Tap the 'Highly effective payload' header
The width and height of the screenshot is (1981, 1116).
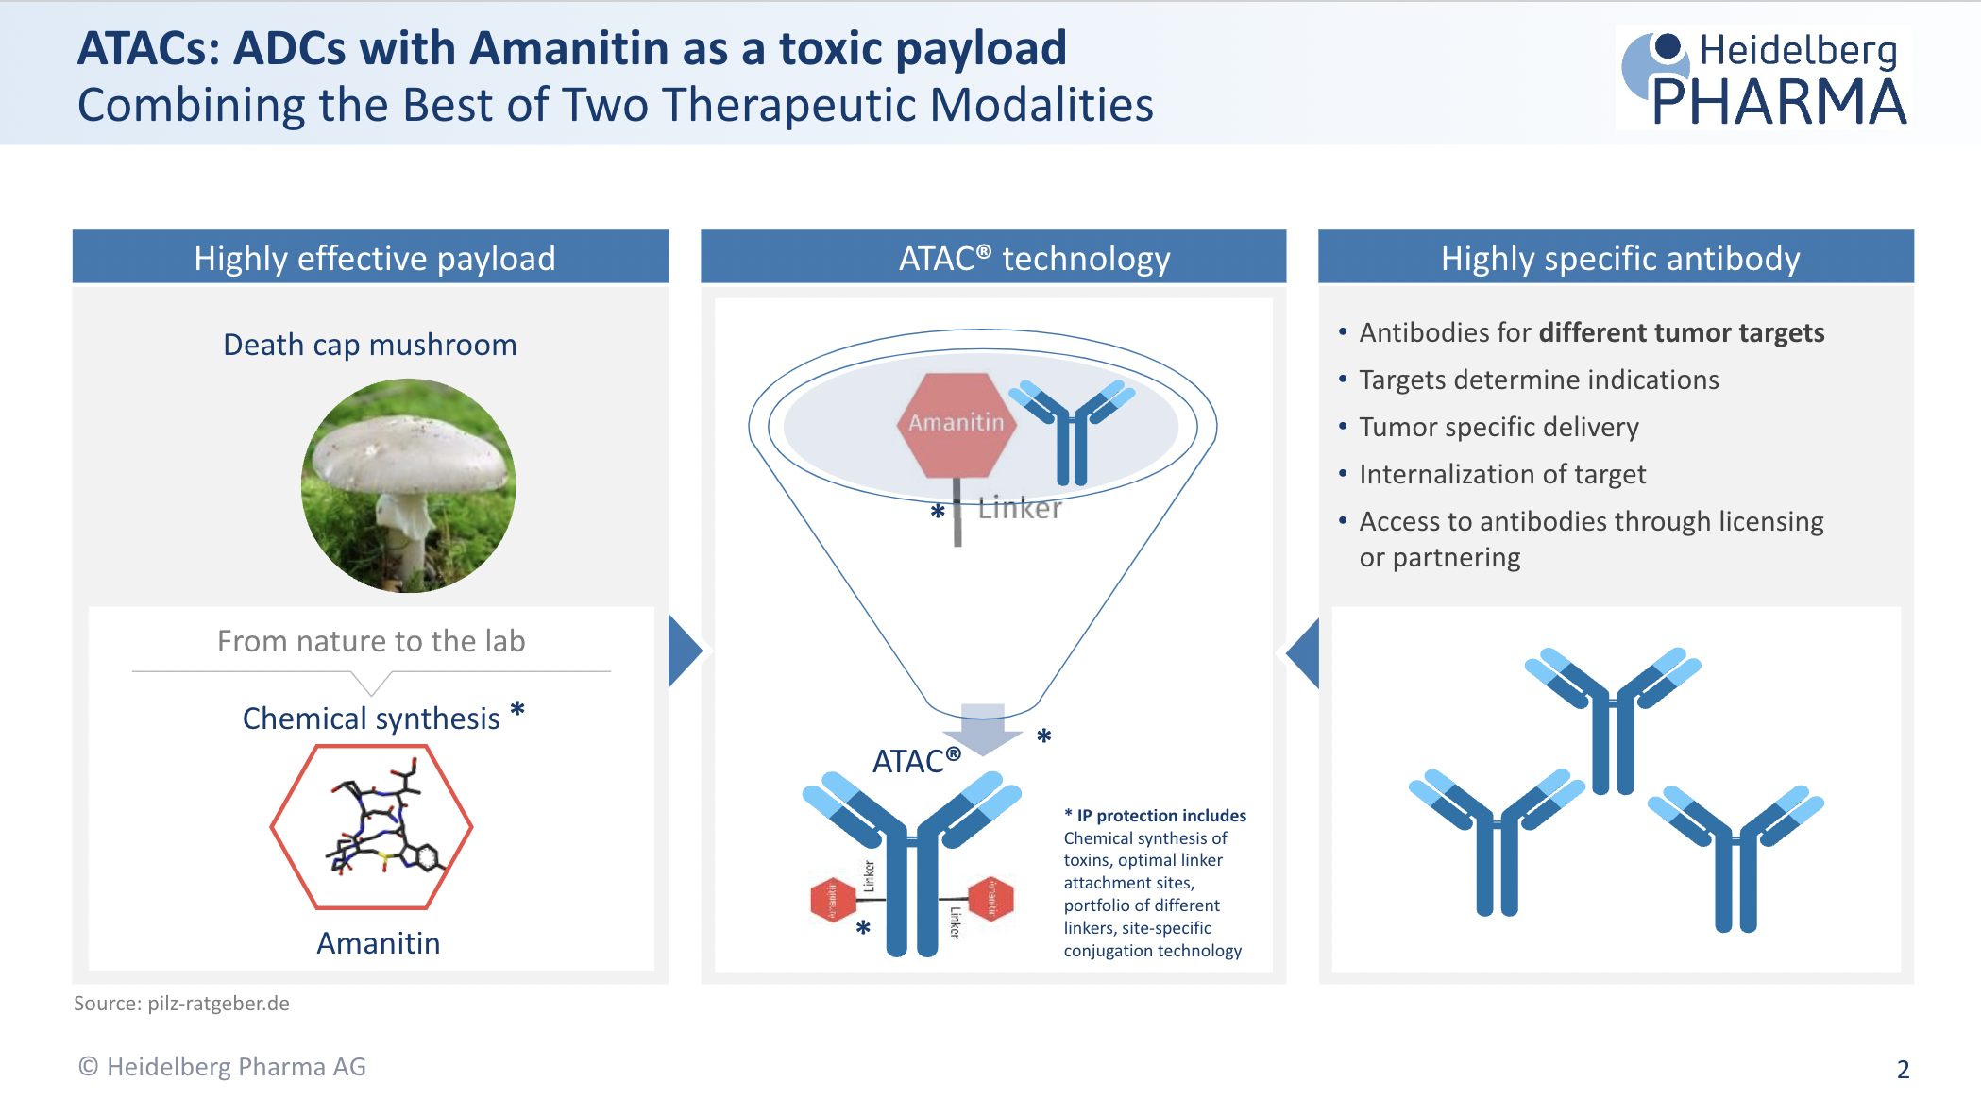tap(375, 258)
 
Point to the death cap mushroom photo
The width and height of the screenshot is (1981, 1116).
tap(408, 485)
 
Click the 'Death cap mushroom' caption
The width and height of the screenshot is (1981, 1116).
tap(369, 345)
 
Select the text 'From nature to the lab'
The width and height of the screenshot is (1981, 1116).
tap(371, 641)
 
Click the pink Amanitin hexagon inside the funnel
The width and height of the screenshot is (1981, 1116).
tap(956, 423)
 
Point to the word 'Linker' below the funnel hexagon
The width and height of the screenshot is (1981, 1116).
tap(1020, 508)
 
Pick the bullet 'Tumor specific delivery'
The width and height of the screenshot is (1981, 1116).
tap(1498, 427)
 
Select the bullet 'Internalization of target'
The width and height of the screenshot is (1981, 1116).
tap(1502, 474)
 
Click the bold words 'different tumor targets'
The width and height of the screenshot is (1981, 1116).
tap(1681, 332)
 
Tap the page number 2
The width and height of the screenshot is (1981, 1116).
tap(1903, 1069)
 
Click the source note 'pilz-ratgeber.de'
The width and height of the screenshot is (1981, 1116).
tap(218, 1003)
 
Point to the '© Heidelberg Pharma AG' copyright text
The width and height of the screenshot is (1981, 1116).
tap(222, 1066)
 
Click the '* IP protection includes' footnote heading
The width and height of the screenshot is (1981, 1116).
tap(1155, 815)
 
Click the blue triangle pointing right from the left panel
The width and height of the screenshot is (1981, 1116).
tap(684, 651)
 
